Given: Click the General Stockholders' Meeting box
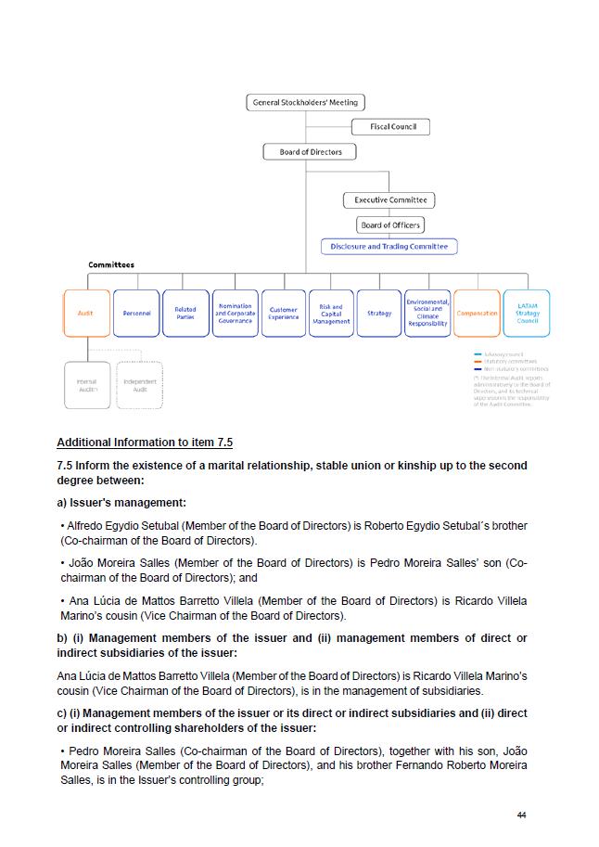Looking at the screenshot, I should tap(306, 102).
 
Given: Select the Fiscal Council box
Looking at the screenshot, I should tap(391, 127).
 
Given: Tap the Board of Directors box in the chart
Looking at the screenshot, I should tap(311, 152).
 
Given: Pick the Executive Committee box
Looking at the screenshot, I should tap(389, 199).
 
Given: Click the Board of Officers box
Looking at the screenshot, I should tap(390, 225).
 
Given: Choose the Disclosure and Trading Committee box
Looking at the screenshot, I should tap(389, 247).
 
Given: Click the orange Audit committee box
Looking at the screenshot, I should tap(86, 314).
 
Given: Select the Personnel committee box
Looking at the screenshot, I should tap(136, 314).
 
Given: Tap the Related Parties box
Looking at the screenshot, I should tap(185, 314).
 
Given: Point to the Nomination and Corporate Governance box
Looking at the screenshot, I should tap(235, 314).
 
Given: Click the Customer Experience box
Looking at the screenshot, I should tap(284, 314).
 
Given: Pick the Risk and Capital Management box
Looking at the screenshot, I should tap(331, 314).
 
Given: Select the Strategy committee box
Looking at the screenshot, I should tap(379, 314).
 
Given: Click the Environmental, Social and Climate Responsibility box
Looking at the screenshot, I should tap(427, 314).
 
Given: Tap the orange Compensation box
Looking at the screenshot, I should tap(477, 314).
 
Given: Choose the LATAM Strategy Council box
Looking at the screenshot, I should tap(527, 314).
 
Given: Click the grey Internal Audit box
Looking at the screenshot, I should tap(86, 385).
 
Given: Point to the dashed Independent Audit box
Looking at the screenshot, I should tap(140, 385).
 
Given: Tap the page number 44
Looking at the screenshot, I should tap(522, 815).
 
